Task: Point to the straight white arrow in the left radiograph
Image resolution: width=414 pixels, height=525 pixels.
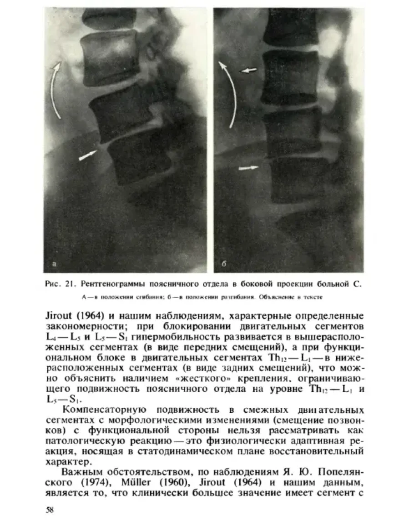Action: coord(88,155)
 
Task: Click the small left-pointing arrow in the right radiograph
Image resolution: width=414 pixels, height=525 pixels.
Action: coord(249,70)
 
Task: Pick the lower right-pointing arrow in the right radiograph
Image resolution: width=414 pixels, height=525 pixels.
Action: coord(248,168)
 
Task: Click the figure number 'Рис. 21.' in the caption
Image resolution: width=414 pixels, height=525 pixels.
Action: coord(60,285)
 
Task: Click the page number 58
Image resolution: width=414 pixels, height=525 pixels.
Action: coord(50,510)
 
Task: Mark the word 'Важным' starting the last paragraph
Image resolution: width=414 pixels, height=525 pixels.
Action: coord(79,473)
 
